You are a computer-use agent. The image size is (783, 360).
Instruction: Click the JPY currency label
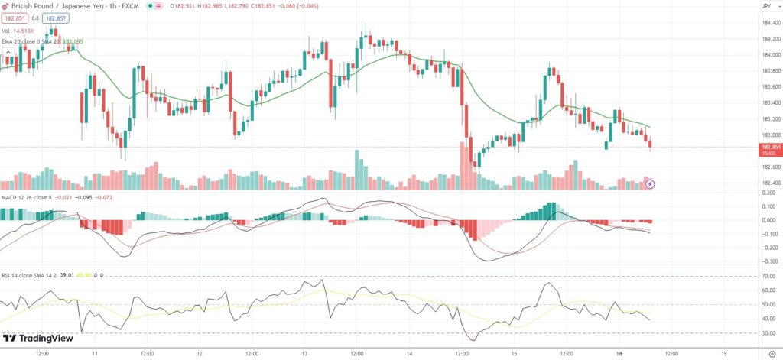pyautogui.click(x=765, y=6)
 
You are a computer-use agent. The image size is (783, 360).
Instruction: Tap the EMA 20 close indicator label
pyautogui.click(x=22, y=40)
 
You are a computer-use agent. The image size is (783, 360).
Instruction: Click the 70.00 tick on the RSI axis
pyautogui.click(x=768, y=276)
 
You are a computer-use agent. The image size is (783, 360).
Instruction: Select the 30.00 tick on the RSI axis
pyautogui.click(x=768, y=333)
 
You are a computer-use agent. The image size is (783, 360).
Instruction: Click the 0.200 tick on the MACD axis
pyautogui.click(x=768, y=193)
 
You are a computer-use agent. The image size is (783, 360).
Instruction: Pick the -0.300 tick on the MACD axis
pyautogui.click(x=768, y=261)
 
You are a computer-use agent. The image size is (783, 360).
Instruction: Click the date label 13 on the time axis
pyautogui.click(x=304, y=354)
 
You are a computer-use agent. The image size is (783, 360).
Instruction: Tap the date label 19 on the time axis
pyautogui.click(x=723, y=354)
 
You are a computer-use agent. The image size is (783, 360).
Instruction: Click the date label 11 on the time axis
pyautogui.click(x=94, y=354)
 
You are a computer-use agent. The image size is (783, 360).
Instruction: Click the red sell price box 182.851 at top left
pyautogui.click(x=13, y=17)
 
